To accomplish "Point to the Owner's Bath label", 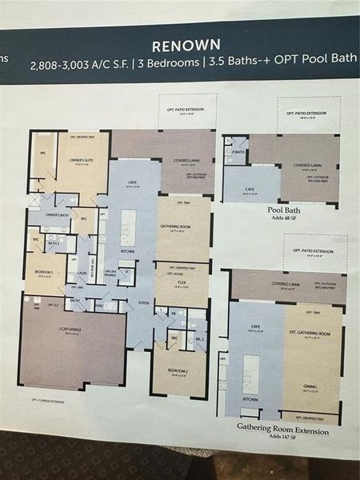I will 56,215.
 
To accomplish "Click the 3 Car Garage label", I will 74,329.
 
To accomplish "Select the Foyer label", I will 144,302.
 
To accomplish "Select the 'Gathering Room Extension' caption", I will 282,427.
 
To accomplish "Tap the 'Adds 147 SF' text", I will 282,438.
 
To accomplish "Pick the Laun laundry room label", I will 82,272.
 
